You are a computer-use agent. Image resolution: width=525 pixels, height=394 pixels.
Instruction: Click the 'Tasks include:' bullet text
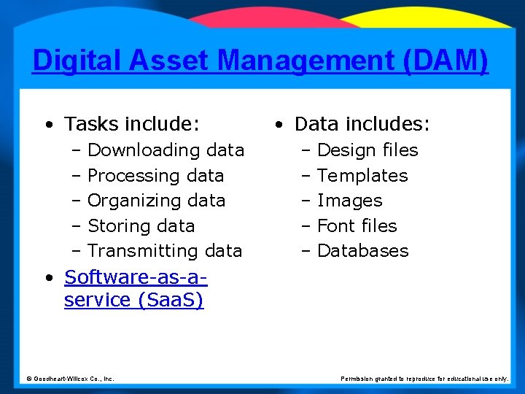click(131, 125)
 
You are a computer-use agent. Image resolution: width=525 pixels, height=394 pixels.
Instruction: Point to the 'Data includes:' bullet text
click(362, 125)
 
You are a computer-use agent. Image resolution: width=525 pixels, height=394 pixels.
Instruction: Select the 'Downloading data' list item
click(166, 150)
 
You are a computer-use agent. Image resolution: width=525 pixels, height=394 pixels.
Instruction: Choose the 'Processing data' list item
click(155, 176)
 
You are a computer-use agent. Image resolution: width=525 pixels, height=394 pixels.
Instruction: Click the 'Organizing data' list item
click(156, 201)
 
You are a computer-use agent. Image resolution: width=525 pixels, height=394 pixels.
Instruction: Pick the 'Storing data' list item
click(141, 226)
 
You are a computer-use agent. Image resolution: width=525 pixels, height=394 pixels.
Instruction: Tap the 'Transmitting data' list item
click(165, 251)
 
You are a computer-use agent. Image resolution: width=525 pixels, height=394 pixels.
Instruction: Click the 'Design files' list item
click(367, 150)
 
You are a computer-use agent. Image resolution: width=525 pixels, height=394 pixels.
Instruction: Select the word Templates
click(362, 176)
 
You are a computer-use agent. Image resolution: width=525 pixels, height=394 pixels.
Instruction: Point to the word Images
click(350, 201)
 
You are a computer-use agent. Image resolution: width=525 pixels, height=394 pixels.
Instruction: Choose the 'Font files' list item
click(357, 226)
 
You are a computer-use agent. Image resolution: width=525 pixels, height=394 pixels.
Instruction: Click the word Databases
click(363, 251)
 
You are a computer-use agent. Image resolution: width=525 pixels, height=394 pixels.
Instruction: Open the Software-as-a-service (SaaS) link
click(135, 289)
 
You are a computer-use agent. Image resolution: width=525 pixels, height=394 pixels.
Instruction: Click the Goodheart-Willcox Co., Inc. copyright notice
click(70, 379)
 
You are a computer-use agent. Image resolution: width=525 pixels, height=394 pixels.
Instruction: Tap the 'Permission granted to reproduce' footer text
click(424, 379)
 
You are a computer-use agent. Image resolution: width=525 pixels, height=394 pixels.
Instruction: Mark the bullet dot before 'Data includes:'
click(279, 125)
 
